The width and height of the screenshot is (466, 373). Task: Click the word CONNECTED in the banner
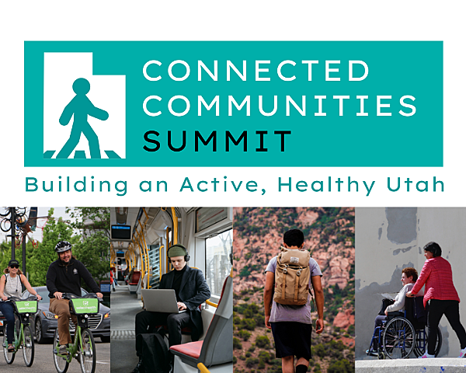pos(256,71)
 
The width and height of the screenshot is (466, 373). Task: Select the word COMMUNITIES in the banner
pos(280,106)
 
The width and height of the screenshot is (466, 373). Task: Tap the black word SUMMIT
pos(217,141)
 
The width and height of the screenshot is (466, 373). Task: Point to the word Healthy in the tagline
pos(326,185)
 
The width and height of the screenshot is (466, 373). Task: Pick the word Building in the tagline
pos(76,185)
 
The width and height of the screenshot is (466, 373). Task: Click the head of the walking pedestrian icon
pos(81,86)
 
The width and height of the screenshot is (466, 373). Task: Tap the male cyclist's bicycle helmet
pos(63,246)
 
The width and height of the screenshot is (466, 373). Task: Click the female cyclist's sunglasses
pos(14,267)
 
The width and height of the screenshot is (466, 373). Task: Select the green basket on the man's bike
pos(85,305)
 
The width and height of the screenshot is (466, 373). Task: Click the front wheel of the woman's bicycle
pos(28,345)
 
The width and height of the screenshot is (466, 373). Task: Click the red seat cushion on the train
pos(187,349)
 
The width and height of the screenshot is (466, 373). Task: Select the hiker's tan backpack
pos(292,277)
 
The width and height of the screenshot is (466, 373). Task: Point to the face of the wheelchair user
pos(405,278)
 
